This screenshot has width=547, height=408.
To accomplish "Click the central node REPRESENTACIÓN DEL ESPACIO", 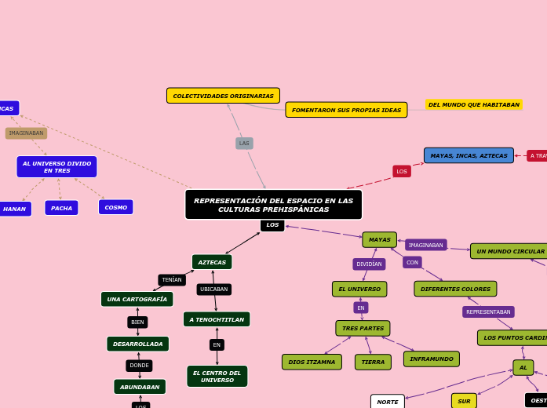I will point(273,205).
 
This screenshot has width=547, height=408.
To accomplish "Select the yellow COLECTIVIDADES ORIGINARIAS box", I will point(223,96).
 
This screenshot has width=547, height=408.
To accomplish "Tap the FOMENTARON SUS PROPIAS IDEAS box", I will point(346,110).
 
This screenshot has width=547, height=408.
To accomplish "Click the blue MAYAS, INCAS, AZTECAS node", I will point(469,155).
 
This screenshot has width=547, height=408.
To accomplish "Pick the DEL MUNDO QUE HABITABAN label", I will point(473,104).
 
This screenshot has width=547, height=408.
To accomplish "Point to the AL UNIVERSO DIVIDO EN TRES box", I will point(57,166).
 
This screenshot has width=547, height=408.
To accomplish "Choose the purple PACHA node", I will point(61,208).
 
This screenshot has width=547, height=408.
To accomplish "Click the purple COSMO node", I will point(115,207).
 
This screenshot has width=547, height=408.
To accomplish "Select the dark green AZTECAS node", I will point(212,262).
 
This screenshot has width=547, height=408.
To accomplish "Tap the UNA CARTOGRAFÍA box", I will point(137,299).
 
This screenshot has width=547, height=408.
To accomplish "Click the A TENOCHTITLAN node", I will point(217,319).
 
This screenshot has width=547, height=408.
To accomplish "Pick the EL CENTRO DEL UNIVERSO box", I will point(217,377).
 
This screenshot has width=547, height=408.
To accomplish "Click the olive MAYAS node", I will point(379,239).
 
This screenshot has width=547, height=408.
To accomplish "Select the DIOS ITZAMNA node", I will point(312,362).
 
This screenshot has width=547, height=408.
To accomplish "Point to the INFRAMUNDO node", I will point(431,359).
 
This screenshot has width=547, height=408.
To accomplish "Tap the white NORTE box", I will point(388,402).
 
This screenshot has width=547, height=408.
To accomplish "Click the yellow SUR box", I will point(464,401).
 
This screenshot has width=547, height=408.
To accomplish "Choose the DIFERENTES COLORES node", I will point(455,289).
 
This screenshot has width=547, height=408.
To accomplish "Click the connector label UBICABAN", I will point(213,290).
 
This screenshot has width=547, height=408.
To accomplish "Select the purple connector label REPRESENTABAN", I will point(488,311).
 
